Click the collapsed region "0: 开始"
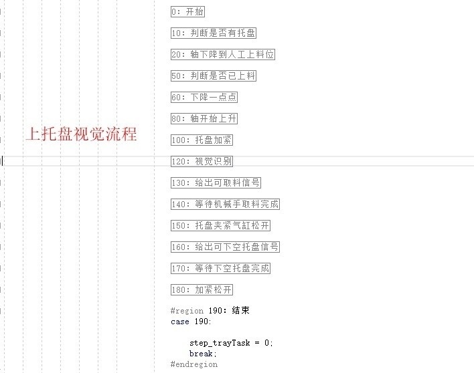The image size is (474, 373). click(188, 11)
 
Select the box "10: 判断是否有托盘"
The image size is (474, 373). click(214, 33)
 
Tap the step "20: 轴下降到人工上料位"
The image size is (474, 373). click(223, 54)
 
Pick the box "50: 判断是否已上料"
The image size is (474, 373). click(214, 76)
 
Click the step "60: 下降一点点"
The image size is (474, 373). click(204, 97)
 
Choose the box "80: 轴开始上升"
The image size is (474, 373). click(204, 118)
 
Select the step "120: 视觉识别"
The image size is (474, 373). click(202, 161)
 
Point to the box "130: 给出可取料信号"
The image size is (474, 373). click(216, 182)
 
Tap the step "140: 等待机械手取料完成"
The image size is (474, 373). click(225, 204)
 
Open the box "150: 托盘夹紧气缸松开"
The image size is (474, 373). click(220, 225)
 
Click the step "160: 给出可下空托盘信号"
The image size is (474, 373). click(225, 247)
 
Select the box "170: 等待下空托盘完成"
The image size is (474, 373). click(220, 268)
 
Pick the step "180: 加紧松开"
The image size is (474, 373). click(202, 289)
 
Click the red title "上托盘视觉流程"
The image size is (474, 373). click(82, 134)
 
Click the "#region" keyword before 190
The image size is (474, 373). click(183, 311)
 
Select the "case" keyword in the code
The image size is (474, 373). click(180, 322)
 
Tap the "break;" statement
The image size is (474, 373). click(203, 354)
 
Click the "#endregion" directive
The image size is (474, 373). click(194, 364)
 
